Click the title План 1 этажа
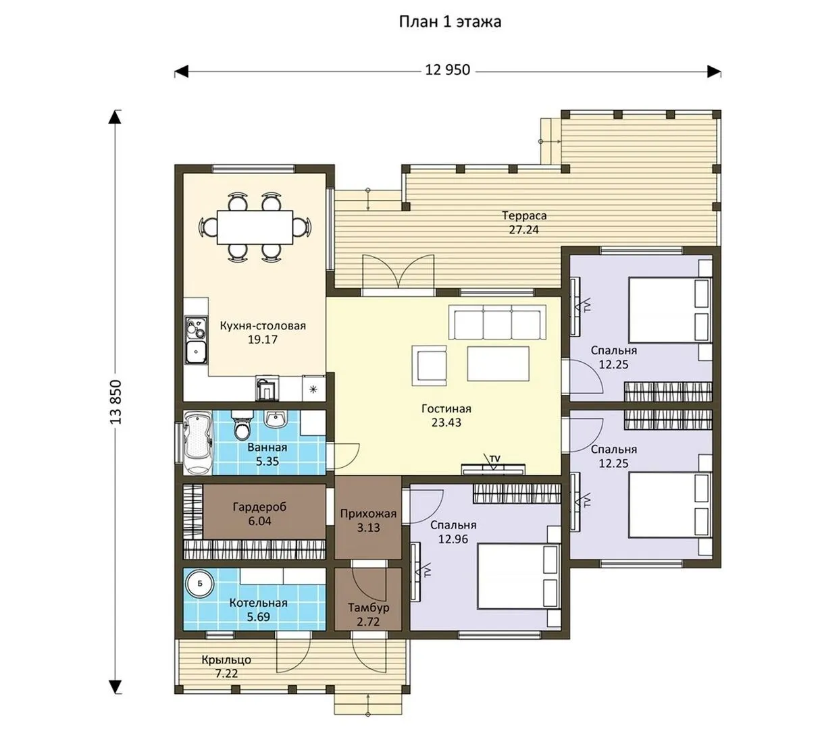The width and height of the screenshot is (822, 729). coord(450,22)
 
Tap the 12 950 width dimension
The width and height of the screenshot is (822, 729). coord(447,70)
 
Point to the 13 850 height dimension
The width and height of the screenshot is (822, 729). coord(116,402)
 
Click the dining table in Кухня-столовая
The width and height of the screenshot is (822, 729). coord(255,227)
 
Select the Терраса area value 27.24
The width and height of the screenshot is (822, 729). coord(523,230)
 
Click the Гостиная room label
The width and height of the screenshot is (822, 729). coord(446,408)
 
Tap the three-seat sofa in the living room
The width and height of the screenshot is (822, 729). coord(497,323)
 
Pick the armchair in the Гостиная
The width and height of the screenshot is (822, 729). coord(430,365)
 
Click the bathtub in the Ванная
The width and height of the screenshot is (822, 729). coord(197,443)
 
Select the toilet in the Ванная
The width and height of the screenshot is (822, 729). coord(242,425)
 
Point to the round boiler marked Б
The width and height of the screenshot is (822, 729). coord(199,584)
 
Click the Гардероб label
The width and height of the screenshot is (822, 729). coord(259,507)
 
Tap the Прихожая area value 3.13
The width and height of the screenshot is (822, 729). coord(368,528)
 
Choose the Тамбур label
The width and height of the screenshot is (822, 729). coord(368,607)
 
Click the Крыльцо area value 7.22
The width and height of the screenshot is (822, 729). coord(226,674)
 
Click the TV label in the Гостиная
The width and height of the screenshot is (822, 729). coord(494,458)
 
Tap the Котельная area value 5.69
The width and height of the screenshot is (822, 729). coord(259,617)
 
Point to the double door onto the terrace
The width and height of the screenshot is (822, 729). coord(398,273)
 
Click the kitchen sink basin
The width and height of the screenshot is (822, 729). coord(197,352)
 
